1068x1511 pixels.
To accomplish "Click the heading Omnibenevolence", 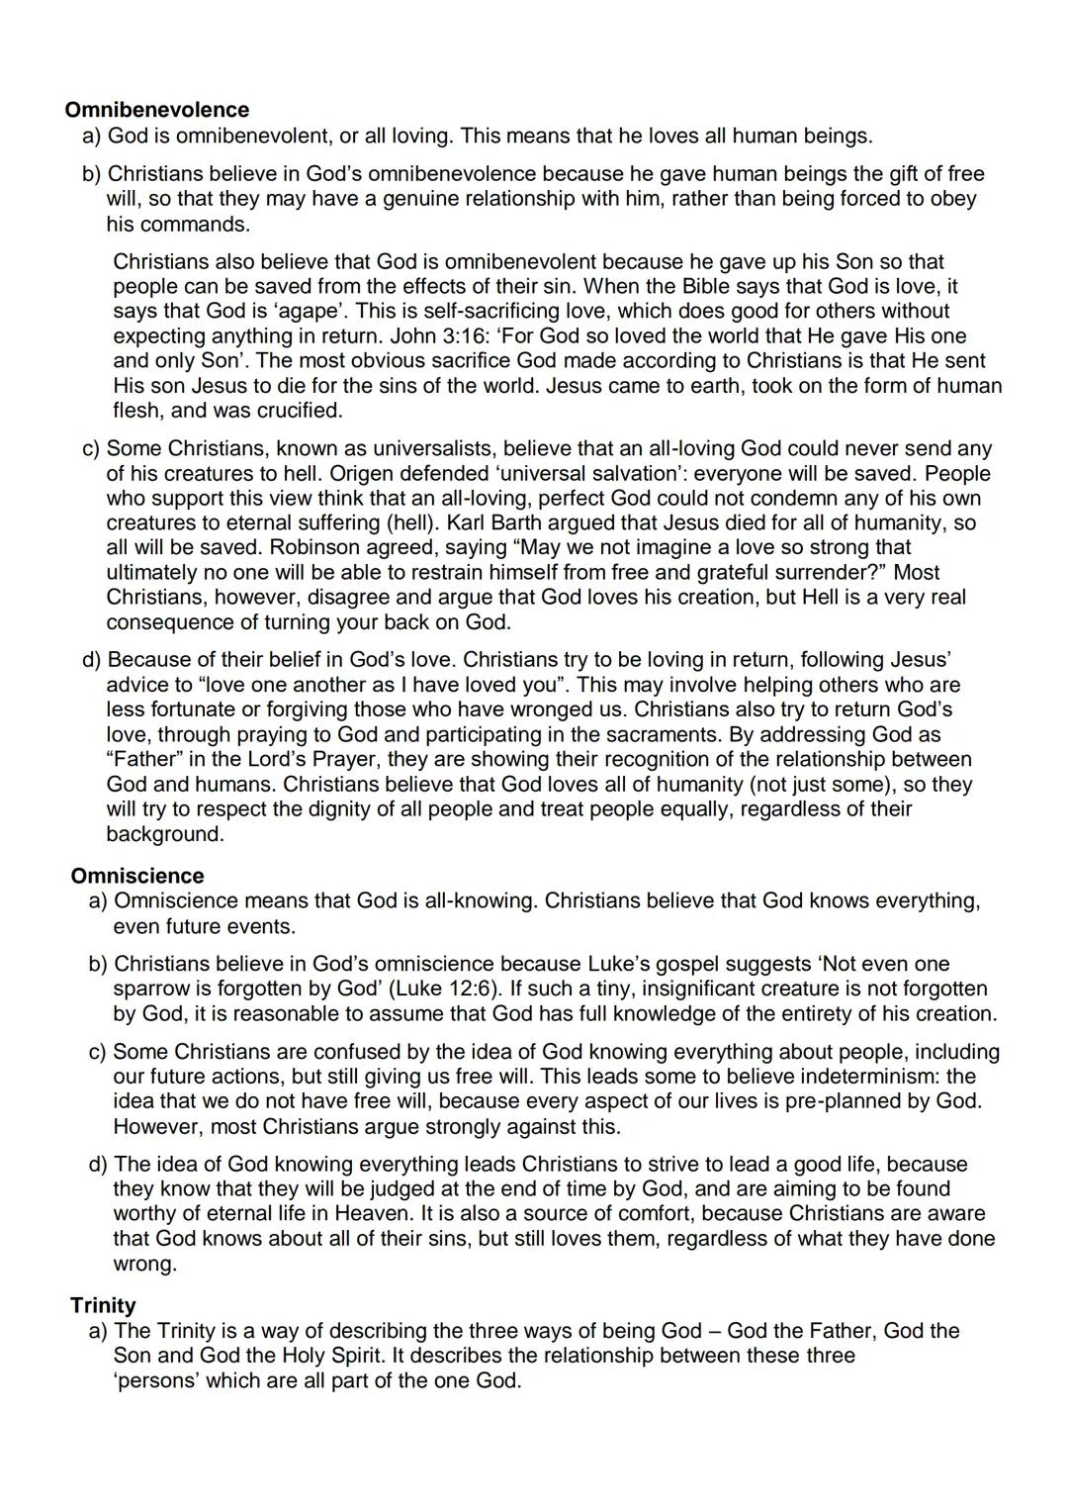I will click(157, 110).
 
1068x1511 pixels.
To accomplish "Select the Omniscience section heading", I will click(137, 876).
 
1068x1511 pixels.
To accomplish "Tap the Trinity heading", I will click(103, 1305).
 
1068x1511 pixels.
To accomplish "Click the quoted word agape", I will click(296, 312).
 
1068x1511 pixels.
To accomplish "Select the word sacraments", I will click(668, 734).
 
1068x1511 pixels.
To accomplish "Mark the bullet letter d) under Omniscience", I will click(98, 1165).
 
